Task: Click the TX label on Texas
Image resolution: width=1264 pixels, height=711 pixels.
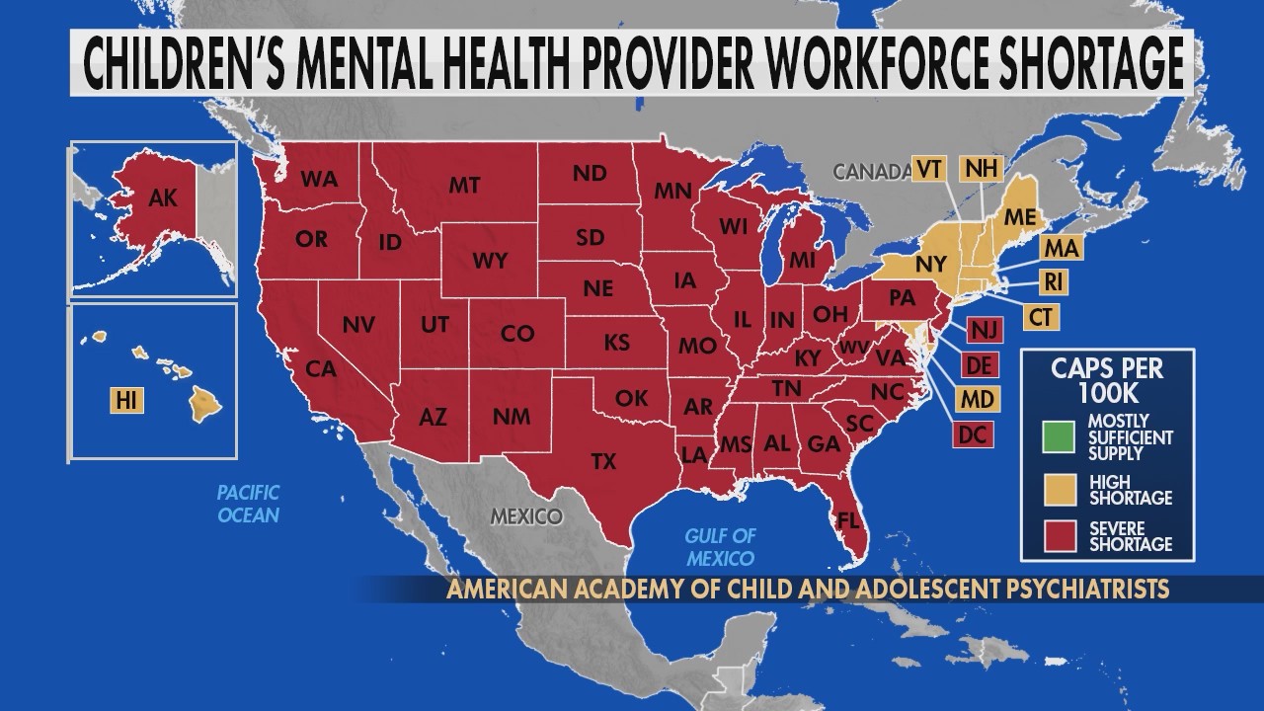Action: coord(602,460)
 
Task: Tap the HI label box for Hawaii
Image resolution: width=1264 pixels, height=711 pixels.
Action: coord(125,400)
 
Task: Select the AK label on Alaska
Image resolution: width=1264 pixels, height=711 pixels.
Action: coord(162,198)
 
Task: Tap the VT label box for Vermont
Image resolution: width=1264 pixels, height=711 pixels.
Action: coord(927,169)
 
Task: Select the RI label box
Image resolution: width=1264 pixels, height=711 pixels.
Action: coord(1054,281)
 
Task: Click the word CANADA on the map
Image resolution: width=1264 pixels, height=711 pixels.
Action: coord(870,172)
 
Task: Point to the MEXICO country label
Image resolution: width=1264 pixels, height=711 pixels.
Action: coord(526,516)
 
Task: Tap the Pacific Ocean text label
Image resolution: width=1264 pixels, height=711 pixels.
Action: coord(249,503)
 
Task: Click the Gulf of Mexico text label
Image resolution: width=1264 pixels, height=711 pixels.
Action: coord(721,544)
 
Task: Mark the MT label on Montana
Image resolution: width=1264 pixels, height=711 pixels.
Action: coord(464,185)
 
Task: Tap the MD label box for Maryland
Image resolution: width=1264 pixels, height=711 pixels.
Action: coord(977,399)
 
